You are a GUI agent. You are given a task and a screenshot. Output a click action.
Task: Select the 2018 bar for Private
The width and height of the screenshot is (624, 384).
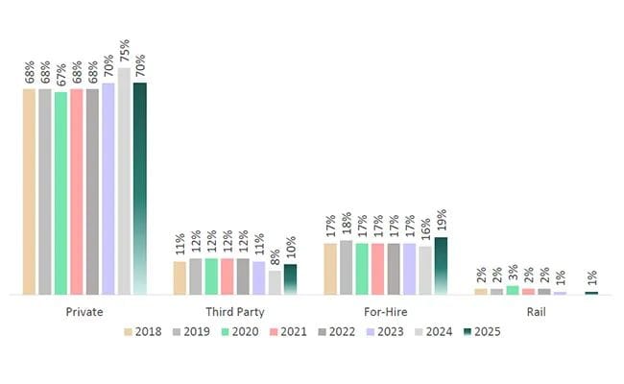pos(30,191)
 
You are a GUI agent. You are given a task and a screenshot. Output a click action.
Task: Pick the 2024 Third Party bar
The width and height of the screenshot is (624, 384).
pos(275,282)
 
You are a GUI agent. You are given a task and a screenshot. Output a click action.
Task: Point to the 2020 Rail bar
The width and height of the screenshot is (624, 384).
pos(512,290)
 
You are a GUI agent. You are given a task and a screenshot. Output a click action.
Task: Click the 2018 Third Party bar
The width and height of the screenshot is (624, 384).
pos(180,277)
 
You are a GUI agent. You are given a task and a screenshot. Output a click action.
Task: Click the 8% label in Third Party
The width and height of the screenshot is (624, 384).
pos(276,256)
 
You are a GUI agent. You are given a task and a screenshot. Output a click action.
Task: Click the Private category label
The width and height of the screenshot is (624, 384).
pos(84,312)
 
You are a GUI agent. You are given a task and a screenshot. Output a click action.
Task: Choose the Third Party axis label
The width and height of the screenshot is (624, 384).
pos(235,312)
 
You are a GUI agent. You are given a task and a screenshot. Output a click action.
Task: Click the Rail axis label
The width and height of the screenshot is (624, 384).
pos(537,312)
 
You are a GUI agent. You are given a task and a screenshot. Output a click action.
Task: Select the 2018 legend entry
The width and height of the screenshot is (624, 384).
pos(141,332)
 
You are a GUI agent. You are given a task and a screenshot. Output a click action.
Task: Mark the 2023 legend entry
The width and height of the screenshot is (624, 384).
pos(381,332)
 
